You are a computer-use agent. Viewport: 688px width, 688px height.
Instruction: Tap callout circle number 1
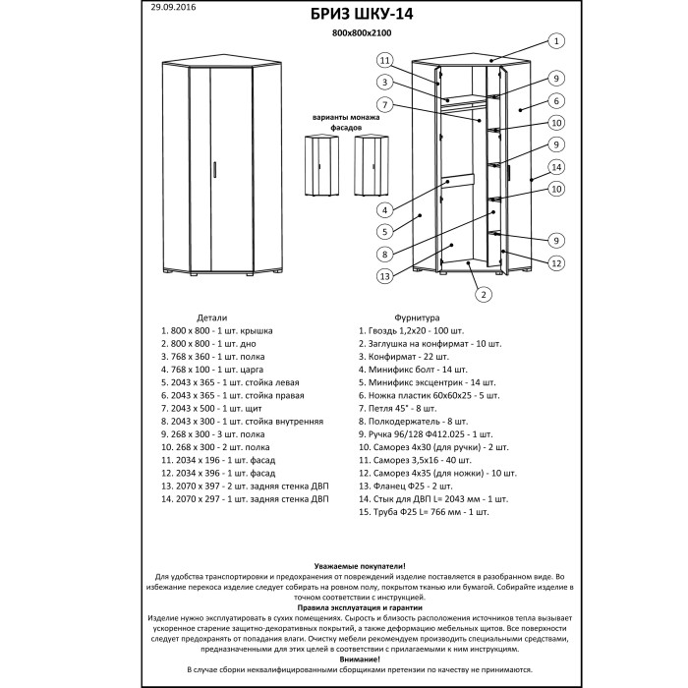pyautogui.click(x=555, y=41)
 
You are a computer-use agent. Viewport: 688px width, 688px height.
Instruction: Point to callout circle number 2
pyautogui.click(x=483, y=293)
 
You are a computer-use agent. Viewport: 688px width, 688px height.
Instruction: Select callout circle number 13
pyautogui.click(x=384, y=276)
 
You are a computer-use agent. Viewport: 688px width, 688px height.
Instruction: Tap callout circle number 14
pyautogui.click(x=555, y=166)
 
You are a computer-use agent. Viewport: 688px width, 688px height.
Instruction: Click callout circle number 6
pyautogui.click(x=555, y=100)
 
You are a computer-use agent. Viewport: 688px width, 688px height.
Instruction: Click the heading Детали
pyautogui.click(x=211, y=318)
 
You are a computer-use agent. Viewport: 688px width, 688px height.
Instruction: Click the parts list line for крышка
pyautogui.click(x=217, y=332)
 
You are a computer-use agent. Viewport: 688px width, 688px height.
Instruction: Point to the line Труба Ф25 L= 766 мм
pyautogui.click(x=424, y=512)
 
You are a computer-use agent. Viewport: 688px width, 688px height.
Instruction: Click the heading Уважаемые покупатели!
pyautogui.click(x=360, y=567)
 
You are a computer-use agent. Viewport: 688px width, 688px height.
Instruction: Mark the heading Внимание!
pyautogui.click(x=360, y=658)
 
